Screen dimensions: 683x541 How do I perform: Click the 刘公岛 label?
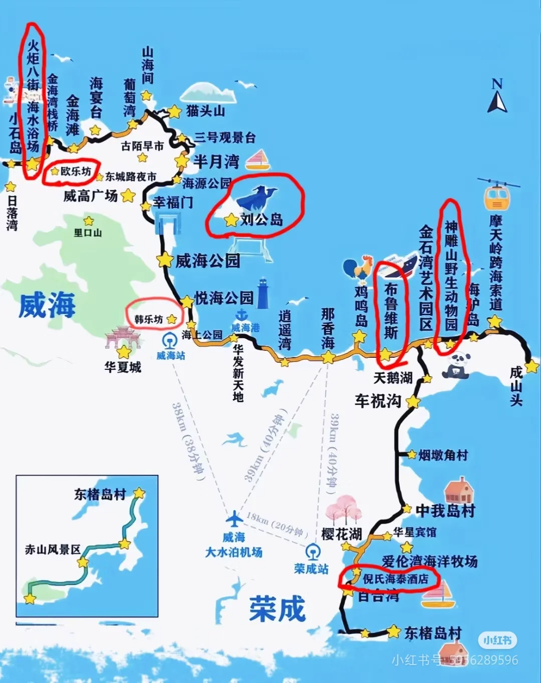point(261,219)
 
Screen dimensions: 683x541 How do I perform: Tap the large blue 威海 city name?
point(47,305)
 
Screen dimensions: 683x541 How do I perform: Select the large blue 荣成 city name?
point(277,609)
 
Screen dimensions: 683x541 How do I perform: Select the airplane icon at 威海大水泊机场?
point(234,518)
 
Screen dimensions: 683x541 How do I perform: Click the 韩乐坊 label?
point(149,319)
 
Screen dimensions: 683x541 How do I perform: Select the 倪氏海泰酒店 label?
point(395,579)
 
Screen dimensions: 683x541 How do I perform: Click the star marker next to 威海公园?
point(165,260)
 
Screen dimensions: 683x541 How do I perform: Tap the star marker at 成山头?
point(531,366)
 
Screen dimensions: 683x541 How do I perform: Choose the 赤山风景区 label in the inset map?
point(53,549)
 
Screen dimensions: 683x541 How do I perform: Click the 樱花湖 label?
point(341,534)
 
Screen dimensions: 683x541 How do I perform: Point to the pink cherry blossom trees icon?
point(343,509)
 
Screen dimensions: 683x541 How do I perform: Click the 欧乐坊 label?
point(76,171)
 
